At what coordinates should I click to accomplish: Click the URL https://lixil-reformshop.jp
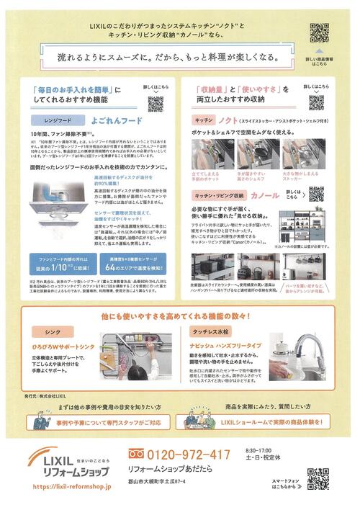71,487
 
